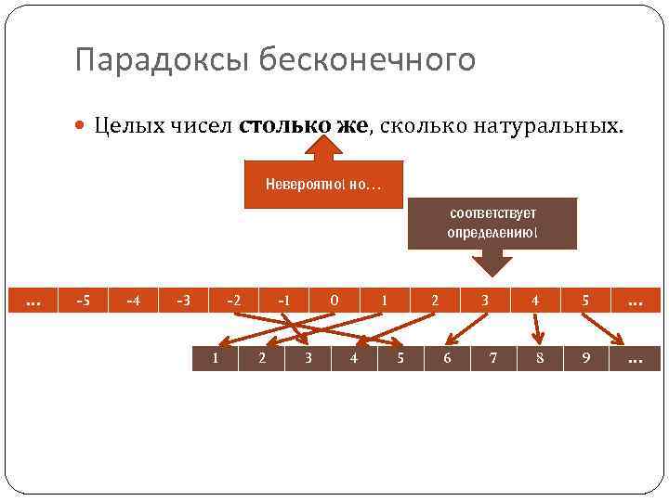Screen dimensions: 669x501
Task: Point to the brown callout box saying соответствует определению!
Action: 492,223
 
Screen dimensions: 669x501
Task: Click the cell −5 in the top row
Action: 83,301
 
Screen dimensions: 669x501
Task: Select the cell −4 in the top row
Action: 133,301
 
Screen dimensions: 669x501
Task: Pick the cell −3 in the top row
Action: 183,301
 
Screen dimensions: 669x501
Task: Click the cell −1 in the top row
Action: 284,301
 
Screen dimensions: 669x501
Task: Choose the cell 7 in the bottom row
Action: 493,358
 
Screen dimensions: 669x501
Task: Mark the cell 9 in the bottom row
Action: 586,358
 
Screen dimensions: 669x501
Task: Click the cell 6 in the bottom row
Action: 447,358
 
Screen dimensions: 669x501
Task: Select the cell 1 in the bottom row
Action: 215,358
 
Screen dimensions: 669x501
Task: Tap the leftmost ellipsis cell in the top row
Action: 33,301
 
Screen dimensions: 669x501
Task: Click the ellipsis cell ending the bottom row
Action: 636,358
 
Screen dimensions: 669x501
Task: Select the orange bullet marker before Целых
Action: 84,127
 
